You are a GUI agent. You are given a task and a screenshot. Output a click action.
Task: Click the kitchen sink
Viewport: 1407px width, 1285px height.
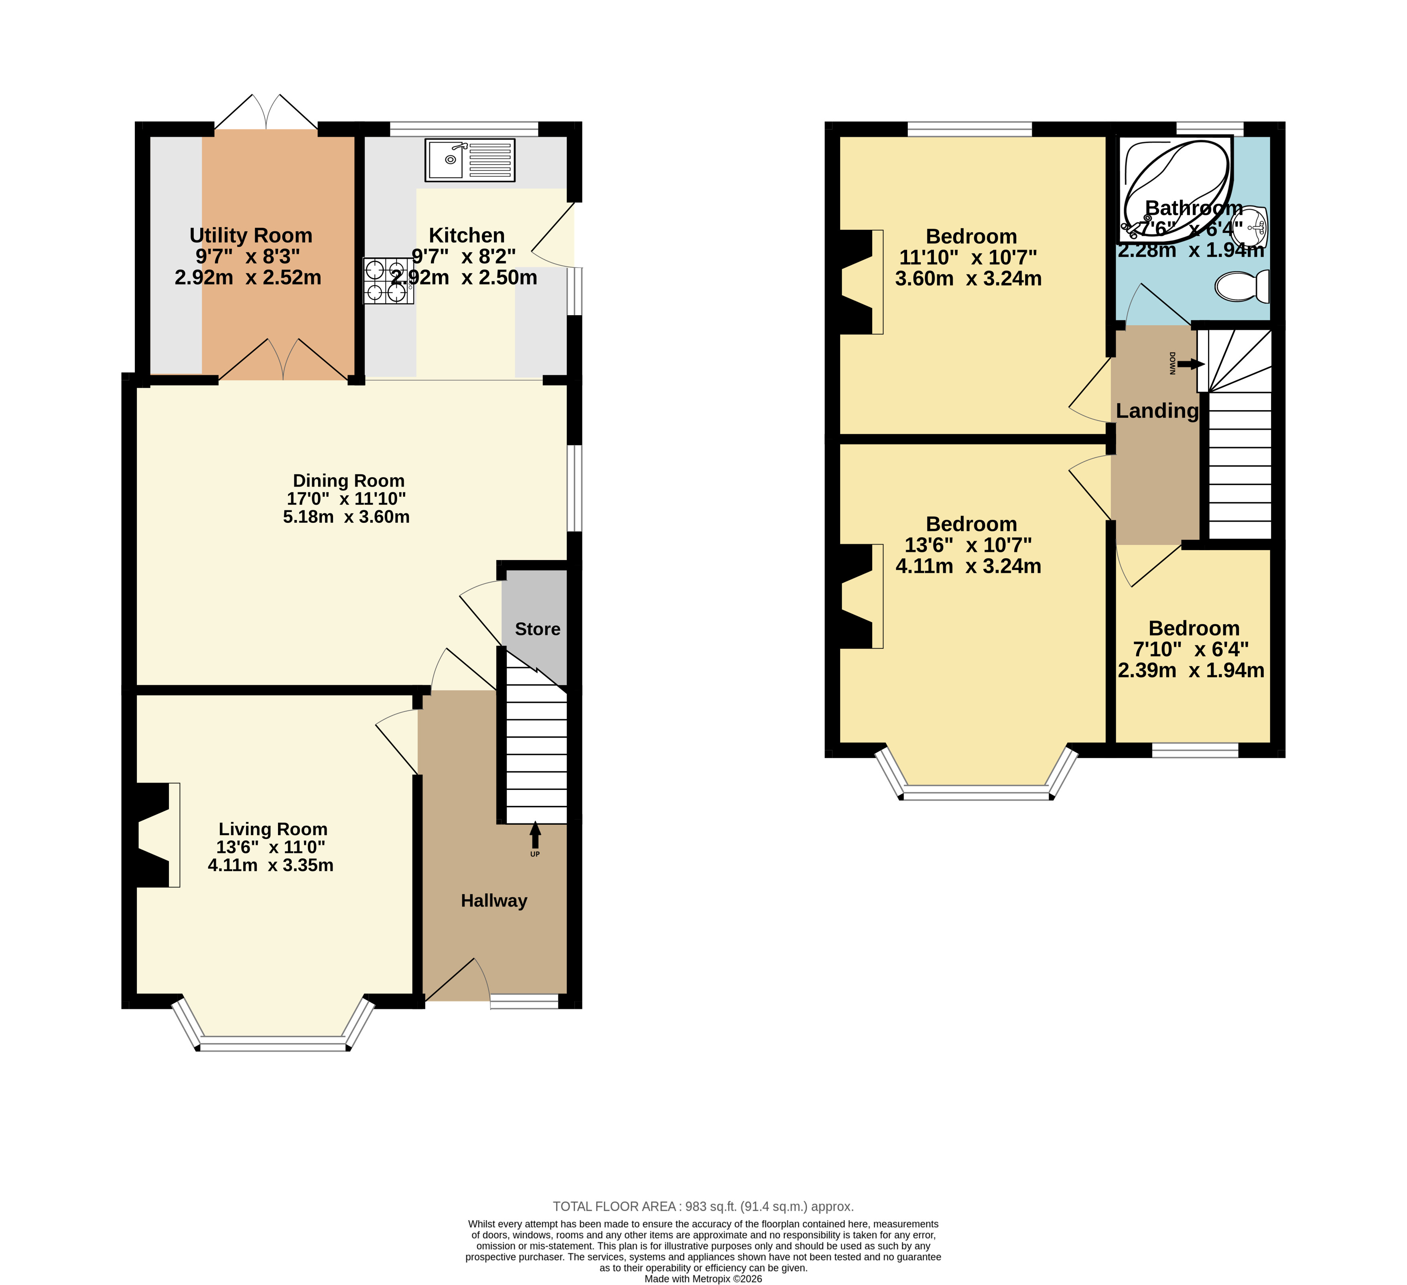click(470, 160)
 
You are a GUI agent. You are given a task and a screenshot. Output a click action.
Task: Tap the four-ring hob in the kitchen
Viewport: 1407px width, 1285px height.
click(388, 281)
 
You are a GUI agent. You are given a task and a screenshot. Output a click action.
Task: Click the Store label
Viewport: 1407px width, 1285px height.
click(537, 629)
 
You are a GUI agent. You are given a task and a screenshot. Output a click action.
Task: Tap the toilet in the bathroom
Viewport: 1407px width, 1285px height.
click(1242, 286)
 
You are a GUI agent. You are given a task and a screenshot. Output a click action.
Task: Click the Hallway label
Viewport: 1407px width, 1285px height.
click(494, 901)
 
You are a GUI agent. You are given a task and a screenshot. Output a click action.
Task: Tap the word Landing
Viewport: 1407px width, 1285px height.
click(1157, 411)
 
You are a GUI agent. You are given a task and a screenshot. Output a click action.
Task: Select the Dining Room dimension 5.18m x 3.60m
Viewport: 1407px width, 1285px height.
click(346, 517)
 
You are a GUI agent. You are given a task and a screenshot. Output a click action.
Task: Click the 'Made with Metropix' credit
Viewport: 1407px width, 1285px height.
click(704, 1279)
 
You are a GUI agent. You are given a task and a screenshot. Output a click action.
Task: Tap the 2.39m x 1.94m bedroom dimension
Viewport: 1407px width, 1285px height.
click(1191, 670)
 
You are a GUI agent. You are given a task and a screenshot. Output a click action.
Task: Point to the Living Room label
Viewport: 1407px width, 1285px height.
click(273, 829)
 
